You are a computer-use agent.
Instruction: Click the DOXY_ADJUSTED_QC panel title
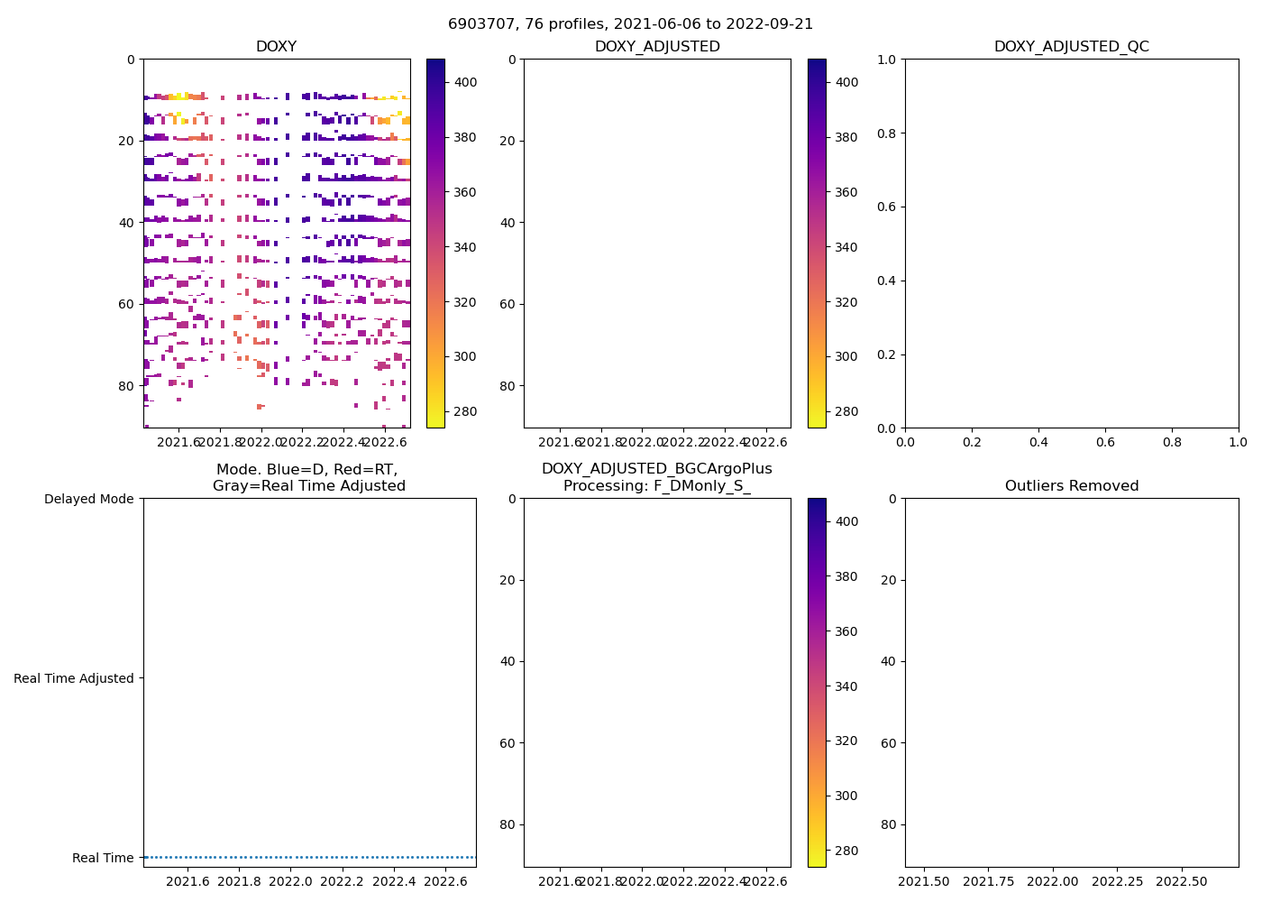1071,47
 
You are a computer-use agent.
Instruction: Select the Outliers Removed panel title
1071,486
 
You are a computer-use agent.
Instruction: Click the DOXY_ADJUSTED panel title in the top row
657,47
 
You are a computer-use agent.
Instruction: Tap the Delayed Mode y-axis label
88,499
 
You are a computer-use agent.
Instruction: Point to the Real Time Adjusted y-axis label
74,678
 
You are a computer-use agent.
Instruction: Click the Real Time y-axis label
103,858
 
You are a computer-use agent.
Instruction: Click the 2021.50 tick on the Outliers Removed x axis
923,880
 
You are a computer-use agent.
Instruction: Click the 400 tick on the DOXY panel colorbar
466,82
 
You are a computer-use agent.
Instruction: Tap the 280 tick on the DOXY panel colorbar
466,412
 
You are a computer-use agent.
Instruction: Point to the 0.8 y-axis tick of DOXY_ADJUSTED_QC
887,133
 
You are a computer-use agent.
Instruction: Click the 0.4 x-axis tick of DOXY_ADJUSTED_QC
1038,442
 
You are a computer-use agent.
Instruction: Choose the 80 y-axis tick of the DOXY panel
126,386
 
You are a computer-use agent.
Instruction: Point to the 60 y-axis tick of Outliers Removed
888,743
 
